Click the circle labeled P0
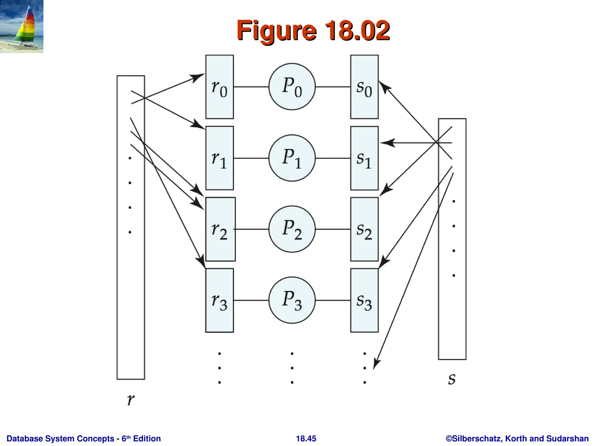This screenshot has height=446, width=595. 292,87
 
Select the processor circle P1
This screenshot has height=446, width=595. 292,158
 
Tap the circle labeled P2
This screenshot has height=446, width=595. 292,229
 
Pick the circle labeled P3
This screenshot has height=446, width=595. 292,300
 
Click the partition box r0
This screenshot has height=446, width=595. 219,87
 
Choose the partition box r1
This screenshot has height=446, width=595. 219,158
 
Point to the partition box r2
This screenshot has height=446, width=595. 220,229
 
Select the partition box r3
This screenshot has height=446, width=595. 219,300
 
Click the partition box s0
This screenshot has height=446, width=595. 364,87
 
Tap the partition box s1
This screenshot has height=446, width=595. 364,158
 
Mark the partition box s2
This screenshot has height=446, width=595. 364,229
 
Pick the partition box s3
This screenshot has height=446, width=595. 364,300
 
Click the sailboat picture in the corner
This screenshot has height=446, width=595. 21,26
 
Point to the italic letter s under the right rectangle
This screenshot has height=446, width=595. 451,379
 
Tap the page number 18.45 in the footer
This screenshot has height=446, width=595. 306,438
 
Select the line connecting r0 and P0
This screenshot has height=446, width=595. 251,87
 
